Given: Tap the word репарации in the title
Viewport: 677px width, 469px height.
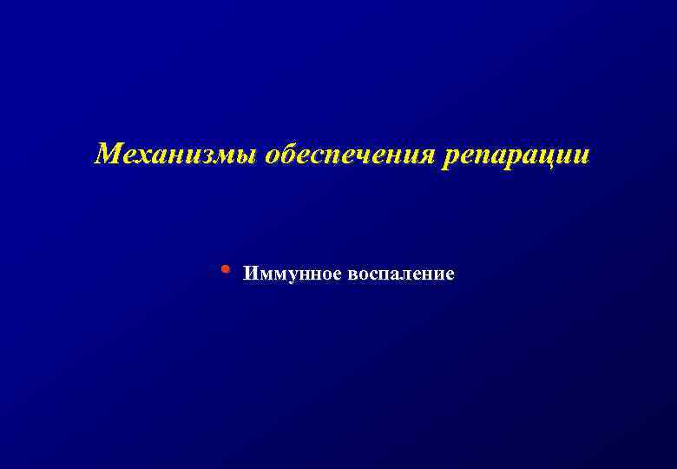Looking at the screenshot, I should click(x=516, y=155).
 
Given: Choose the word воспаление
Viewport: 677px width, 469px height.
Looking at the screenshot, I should click(x=401, y=274).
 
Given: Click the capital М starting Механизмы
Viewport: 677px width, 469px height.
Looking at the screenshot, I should click(x=108, y=155).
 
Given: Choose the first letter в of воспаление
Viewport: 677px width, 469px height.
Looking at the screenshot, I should click(x=352, y=275).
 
